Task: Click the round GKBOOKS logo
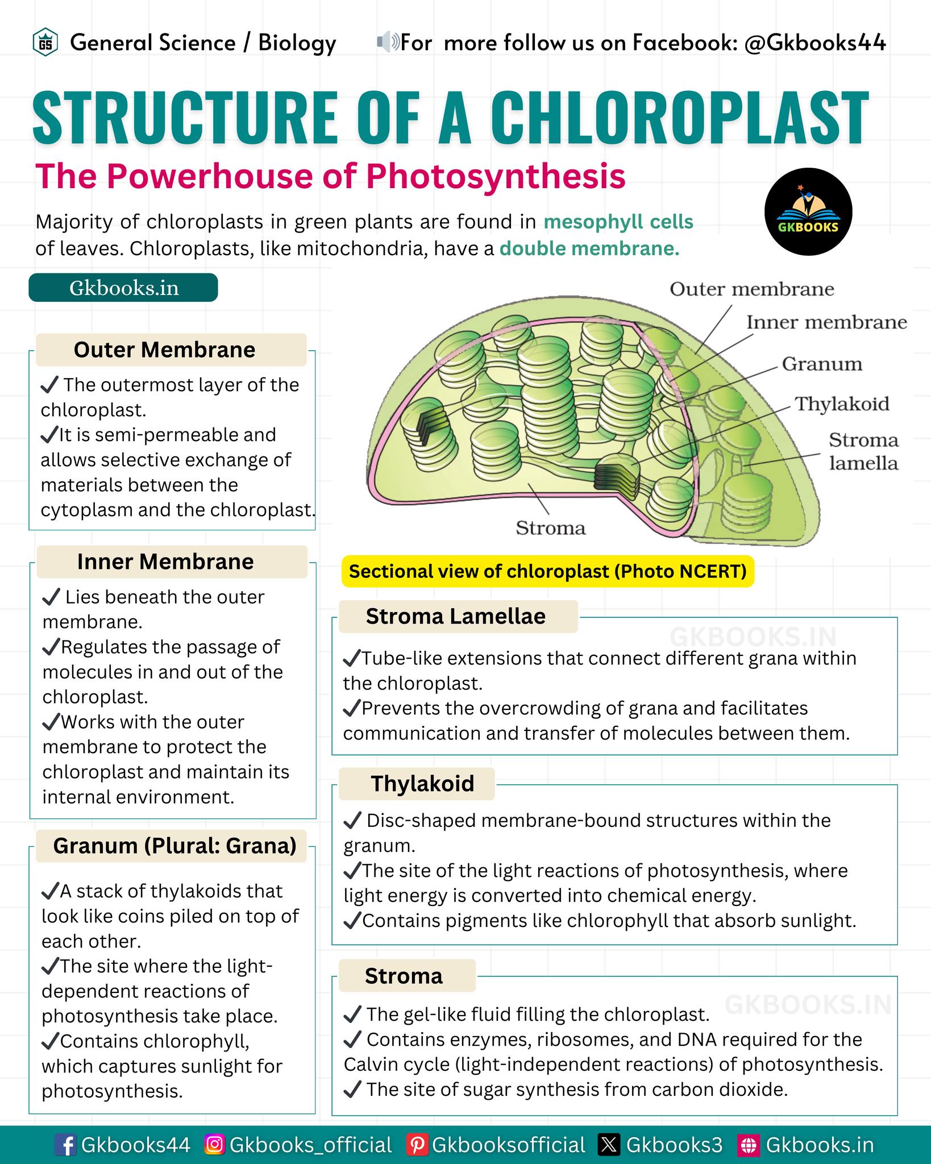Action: click(808, 211)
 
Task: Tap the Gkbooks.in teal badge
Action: click(123, 288)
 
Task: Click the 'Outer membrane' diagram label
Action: click(751, 289)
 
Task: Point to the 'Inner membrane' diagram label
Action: click(826, 322)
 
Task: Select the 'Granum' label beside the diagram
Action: click(822, 364)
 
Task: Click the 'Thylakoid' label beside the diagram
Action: click(842, 404)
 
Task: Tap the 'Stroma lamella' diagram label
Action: click(863, 451)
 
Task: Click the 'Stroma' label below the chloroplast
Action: click(550, 528)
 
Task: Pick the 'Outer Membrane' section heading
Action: click(165, 350)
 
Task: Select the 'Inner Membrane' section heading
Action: click(165, 562)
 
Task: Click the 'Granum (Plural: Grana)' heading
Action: click(174, 846)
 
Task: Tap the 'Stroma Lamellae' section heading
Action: click(455, 616)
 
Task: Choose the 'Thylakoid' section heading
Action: click(422, 783)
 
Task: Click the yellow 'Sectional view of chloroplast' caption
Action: click(547, 571)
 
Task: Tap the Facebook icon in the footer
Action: click(66, 1145)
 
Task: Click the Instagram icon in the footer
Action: click(214, 1145)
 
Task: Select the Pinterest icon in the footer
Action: click(417, 1145)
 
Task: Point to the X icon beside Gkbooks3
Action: click(609, 1145)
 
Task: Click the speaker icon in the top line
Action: click(388, 43)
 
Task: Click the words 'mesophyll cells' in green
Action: click(618, 222)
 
